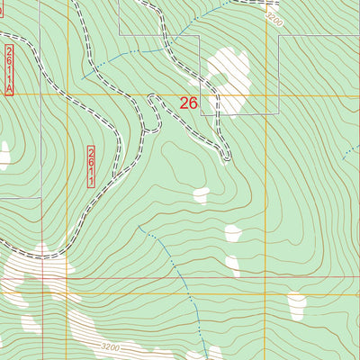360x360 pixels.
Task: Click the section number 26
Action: tap(188, 103)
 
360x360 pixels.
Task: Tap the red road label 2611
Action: tap(92, 166)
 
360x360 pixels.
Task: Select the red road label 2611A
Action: tap(10, 69)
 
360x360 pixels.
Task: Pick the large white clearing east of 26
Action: tap(229, 83)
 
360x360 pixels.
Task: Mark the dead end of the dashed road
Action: tap(227, 159)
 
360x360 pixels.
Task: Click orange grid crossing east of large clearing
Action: tap(266, 94)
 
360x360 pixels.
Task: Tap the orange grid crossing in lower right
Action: tap(266, 292)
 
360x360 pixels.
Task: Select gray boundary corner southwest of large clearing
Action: tap(201, 115)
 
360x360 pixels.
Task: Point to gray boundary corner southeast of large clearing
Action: tap(278, 115)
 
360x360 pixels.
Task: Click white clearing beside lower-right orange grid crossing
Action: tap(297, 306)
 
